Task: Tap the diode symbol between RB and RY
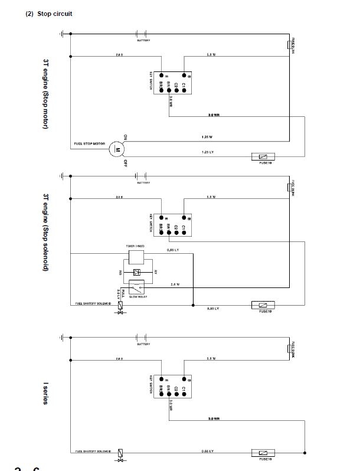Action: pos(137,272)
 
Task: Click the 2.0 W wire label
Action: pos(175,284)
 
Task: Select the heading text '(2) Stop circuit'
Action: pos(49,14)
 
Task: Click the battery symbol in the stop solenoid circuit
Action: pos(142,175)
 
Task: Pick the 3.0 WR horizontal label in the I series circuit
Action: pos(214,418)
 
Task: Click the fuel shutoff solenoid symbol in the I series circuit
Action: pos(121,454)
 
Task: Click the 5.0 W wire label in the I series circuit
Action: pos(211,358)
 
